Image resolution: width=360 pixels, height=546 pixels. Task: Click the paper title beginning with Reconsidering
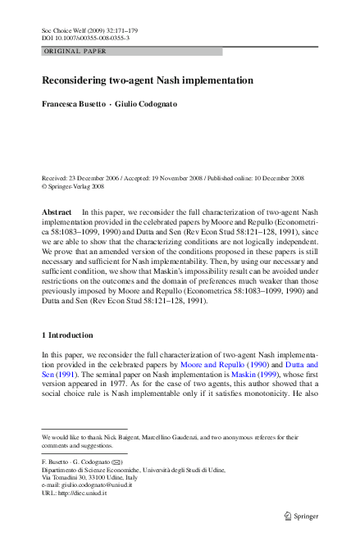pyautogui.click(x=148, y=80)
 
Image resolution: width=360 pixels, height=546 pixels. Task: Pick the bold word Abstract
pyautogui.click(x=57, y=212)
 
